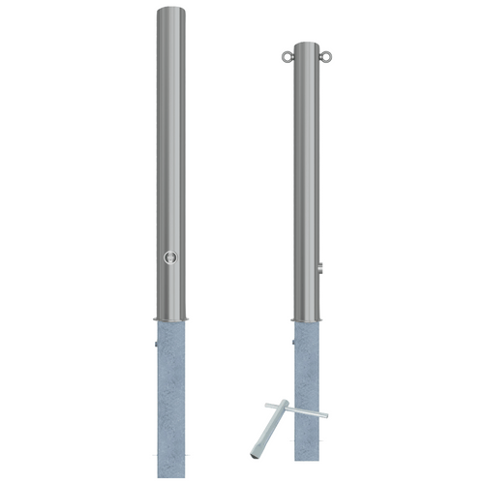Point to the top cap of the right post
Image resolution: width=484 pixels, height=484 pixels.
click(x=305, y=45)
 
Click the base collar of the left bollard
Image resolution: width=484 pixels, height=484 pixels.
click(x=171, y=318)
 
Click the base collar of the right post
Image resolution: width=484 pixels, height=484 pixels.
click(x=305, y=318)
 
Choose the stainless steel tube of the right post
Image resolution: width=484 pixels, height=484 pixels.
click(x=305, y=165)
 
